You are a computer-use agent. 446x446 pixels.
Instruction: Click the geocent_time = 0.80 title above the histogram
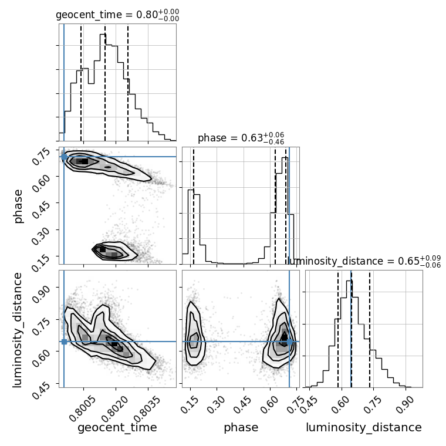click(117, 15)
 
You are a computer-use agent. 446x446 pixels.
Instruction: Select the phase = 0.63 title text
click(241, 138)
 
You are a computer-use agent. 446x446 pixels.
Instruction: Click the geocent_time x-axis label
click(117, 428)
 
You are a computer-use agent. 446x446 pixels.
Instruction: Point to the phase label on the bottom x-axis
click(241, 428)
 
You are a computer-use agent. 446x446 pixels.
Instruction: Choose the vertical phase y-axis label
click(19, 205)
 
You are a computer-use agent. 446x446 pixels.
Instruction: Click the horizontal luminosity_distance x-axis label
click(364, 428)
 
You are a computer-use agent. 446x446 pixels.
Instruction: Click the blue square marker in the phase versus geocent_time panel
click(64, 157)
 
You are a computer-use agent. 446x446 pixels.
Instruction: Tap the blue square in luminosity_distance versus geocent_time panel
click(64, 342)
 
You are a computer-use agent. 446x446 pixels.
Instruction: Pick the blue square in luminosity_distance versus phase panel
click(289, 342)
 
